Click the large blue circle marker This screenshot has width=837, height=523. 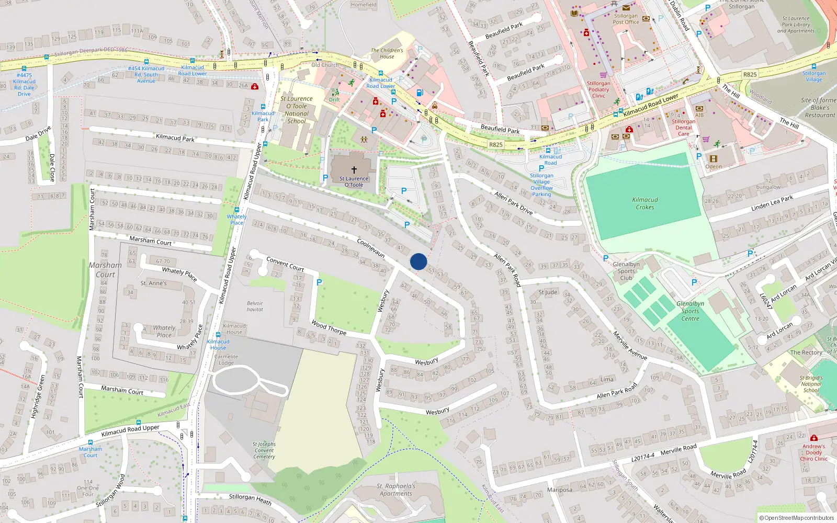pos(418,261)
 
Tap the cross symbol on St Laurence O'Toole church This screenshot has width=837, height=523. pos(354,169)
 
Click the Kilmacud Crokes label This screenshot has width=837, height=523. pos(645,203)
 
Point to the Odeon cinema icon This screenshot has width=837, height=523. pos(714,159)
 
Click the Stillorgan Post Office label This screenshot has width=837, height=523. pos(626,19)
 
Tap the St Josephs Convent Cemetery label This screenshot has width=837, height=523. pos(264,450)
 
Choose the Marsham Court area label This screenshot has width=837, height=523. pos(105,269)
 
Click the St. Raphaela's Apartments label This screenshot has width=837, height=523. pos(396,490)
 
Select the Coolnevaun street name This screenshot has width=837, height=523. pos(371,248)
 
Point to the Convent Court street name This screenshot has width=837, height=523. pos(285,263)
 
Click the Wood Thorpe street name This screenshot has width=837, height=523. pos(329,327)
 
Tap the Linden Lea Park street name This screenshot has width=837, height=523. pos(772,203)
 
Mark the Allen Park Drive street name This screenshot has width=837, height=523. pos(514,203)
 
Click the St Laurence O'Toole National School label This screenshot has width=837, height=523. pos(297,110)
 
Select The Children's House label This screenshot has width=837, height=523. pos(387,53)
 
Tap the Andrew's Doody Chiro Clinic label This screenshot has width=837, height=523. pos(813,452)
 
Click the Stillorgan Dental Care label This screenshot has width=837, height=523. pos(683,128)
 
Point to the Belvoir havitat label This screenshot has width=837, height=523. pos(255,306)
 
